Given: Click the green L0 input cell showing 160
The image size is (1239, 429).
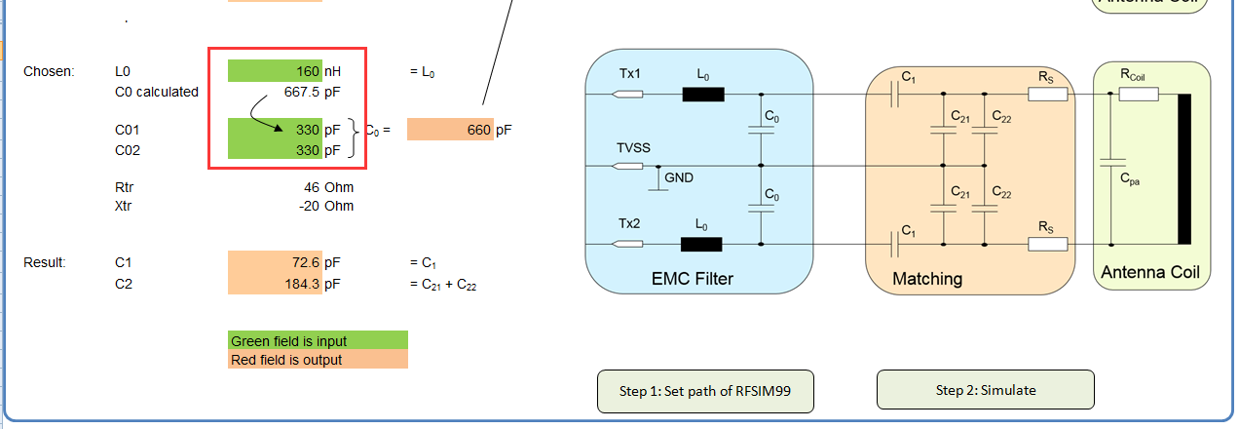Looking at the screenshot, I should (x=275, y=71).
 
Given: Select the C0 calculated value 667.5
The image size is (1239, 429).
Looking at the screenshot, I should (x=303, y=93).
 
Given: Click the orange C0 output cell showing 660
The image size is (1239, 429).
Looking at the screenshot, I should (x=450, y=129).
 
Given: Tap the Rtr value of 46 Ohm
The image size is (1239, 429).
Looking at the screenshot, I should (x=312, y=186).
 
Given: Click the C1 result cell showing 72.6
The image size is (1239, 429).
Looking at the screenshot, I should (x=275, y=262).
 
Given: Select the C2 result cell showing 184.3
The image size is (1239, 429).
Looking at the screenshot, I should (x=275, y=284).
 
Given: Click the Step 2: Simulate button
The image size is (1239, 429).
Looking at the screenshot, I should (x=985, y=390).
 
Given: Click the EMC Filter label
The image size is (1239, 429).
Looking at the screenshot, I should (x=692, y=279).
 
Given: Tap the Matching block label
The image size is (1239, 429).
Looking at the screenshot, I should (x=927, y=279).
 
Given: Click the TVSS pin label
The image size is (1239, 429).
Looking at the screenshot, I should (x=633, y=148).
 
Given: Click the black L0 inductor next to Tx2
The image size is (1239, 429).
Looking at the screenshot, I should (x=701, y=245).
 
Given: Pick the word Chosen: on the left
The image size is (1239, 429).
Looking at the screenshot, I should (x=49, y=72).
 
